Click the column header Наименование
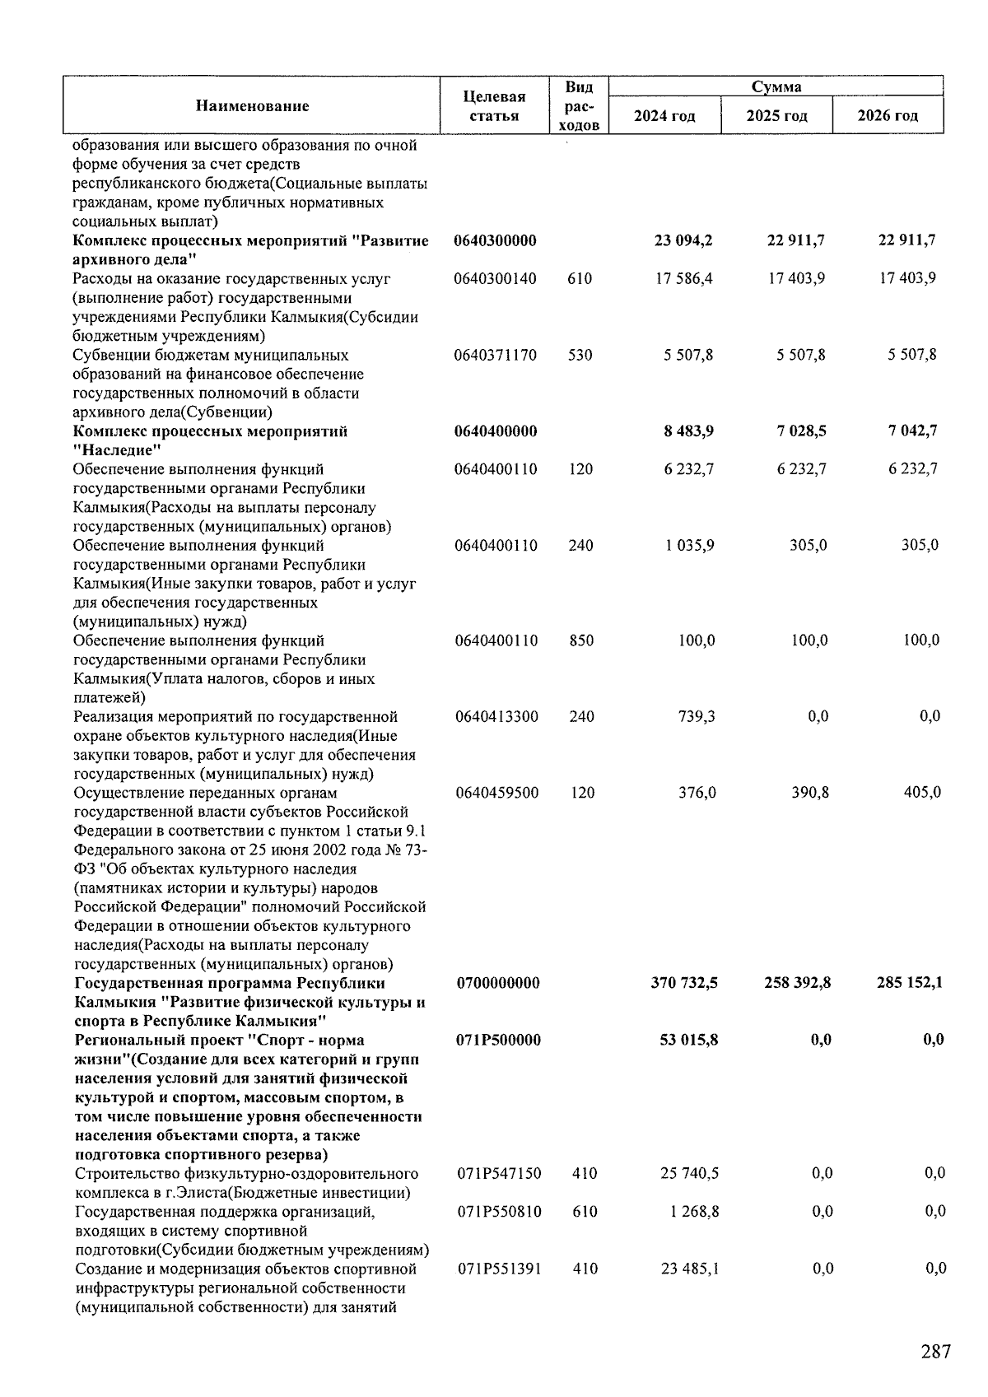click(252, 106)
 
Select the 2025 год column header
click(776, 116)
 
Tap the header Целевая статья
click(494, 106)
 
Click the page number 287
click(935, 1352)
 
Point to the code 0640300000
click(495, 240)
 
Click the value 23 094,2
click(683, 240)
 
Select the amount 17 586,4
click(684, 278)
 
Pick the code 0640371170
click(495, 355)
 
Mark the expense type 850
click(580, 640)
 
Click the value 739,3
click(696, 716)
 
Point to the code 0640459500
click(496, 793)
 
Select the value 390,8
click(809, 793)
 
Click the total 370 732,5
click(684, 983)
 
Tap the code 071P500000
click(498, 1040)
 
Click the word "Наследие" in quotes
click(117, 449)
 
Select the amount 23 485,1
click(690, 1269)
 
